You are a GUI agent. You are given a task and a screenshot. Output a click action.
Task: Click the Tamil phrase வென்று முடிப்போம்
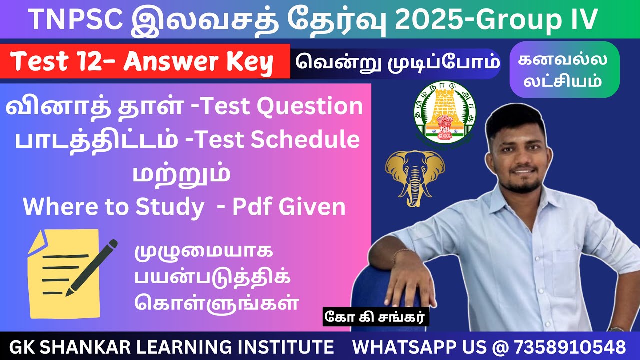[397, 63]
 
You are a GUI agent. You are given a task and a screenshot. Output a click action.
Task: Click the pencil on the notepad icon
[92, 267]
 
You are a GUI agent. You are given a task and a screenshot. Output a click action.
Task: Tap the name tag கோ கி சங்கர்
[376, 318]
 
